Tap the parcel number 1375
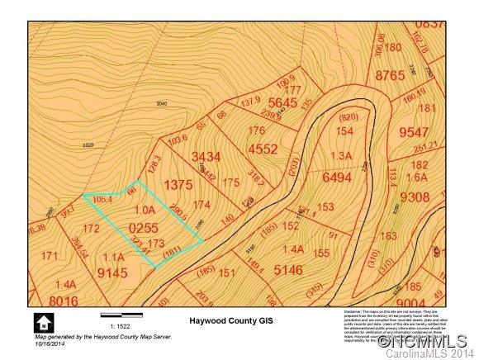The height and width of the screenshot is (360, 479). coord(179,186)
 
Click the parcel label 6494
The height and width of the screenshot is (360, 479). coord(337,177)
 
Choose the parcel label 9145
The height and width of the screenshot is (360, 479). coord(111,271)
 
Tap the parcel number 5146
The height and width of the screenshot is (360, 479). coord(288,268)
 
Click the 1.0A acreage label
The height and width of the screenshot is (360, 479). coord(145,210)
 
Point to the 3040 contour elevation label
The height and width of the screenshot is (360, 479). coord(162,103)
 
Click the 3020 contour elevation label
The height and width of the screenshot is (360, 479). coord(88,144)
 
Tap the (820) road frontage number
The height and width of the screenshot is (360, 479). coord(348,117)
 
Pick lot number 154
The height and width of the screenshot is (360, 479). coord(344,131)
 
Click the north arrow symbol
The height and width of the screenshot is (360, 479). coord(40,322)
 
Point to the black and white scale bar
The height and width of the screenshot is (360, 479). coord(121,315)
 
